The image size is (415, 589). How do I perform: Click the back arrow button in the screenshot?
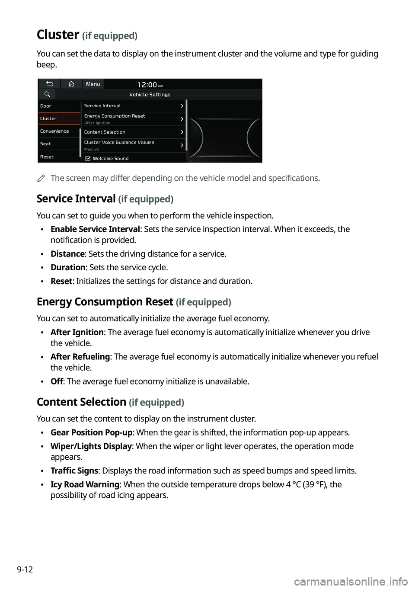[50, 84]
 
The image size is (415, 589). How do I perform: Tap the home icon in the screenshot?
[71, 84]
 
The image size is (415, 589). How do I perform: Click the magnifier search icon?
[47, 94]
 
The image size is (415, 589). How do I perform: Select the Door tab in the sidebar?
[46, 106]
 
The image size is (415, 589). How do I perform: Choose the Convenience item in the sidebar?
[54, 131]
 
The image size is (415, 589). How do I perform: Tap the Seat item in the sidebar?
[45, 144]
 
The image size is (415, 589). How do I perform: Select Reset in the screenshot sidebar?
[47, 157]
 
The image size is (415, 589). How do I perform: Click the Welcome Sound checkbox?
[88, 158]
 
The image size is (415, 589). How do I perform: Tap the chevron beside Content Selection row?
[182, 132]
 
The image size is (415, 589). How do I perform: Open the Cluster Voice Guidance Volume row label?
[119, 142]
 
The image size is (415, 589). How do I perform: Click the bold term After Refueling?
[80, 357]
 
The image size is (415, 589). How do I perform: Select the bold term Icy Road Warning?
[85, 484]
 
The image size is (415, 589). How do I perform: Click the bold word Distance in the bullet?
[67, 254]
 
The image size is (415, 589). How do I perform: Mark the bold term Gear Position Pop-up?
[91, 432]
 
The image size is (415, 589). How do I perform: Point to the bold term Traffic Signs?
[74, 471]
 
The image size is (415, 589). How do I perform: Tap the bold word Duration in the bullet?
[68, 267]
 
